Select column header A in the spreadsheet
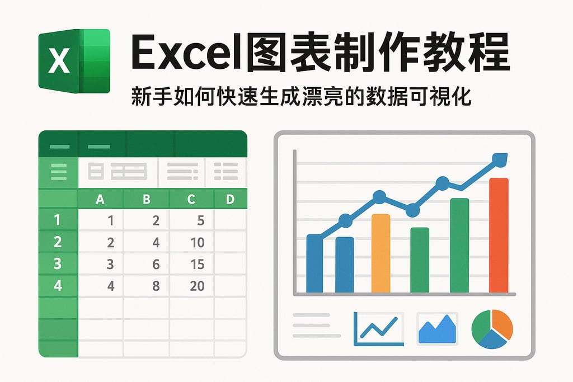(x=101, y=199)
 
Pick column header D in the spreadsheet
(x=229, y=199)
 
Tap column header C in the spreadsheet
(x=191, y=199)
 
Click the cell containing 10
(x=197, y=242)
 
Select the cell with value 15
(x=197, y=264)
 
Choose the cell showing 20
(x=197, y=286)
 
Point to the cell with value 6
(x=156, y=264)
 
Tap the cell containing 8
(x=156, y=286)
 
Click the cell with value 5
(x=200, y=220)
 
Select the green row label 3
(x=58, y=264)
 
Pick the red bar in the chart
(x=499, y=235)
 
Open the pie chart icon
(x=492, y=330)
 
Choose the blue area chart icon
(x=437, y=329)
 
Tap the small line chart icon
(x=378, y=329)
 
